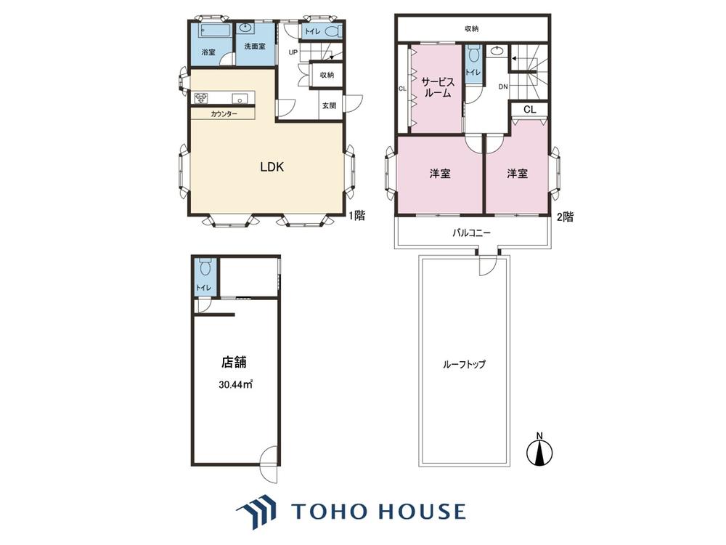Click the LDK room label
coord(272,167)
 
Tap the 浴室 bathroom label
coord(208,52)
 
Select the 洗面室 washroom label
coord(255,47)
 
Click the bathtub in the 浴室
coord(216,31)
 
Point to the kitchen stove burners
coord(201,98)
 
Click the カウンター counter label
coord(224,114)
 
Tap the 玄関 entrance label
coord(329,105)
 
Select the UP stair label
coord(293,52)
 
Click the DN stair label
coord(503,86)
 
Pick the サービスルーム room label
coord(437,88)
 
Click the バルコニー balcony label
coord(471,233)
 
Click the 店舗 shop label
coord(234,362)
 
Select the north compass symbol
coord(539,450)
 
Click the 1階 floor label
coord(356,216)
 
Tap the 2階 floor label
coord(565,217)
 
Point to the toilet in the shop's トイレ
coord(205,267)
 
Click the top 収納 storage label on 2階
coord(472,29)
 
